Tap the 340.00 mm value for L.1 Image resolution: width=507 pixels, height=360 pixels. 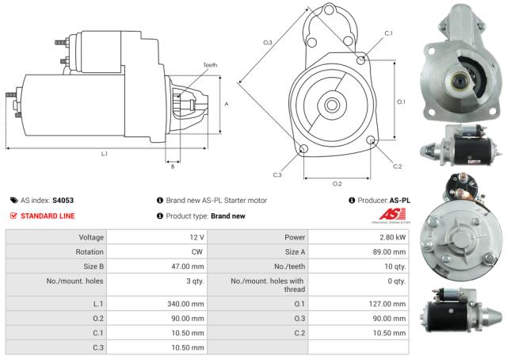187,303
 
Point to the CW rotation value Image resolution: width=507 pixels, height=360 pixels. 198,252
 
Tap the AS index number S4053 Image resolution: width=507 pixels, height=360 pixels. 63,201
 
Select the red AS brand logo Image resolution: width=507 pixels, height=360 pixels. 394,214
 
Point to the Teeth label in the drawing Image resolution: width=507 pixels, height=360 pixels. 209,65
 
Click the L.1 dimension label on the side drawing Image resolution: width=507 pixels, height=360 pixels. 104,153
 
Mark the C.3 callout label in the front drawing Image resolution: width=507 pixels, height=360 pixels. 277,174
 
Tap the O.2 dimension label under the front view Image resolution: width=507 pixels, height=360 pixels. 337,183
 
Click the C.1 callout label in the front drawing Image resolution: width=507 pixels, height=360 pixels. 388,33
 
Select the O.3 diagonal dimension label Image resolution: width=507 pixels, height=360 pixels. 268,41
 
